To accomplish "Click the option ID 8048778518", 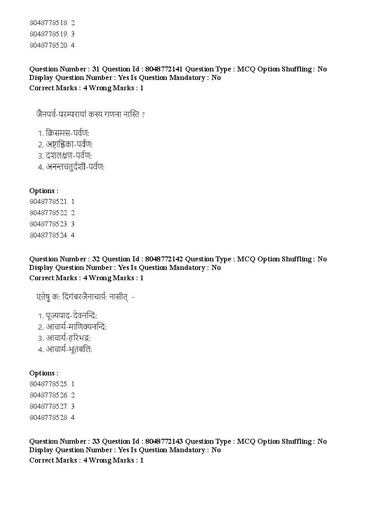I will [x=49, y=22].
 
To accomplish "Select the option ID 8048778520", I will [x=49, y=45].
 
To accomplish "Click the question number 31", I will [x=96, y=69].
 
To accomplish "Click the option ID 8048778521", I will [x=49, y=202].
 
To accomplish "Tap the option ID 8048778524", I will [x=49, y=235].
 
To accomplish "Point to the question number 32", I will [x=96, y=259].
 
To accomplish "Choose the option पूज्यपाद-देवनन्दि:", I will [x=71, y=316].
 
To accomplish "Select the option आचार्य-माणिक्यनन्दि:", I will [x=76, y=327].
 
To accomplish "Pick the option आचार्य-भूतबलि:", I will [x=69, y=349].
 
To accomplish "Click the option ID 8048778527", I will [x=49, y=406].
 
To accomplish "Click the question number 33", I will [x=96, y=441].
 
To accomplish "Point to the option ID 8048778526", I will [x=49, y=395].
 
